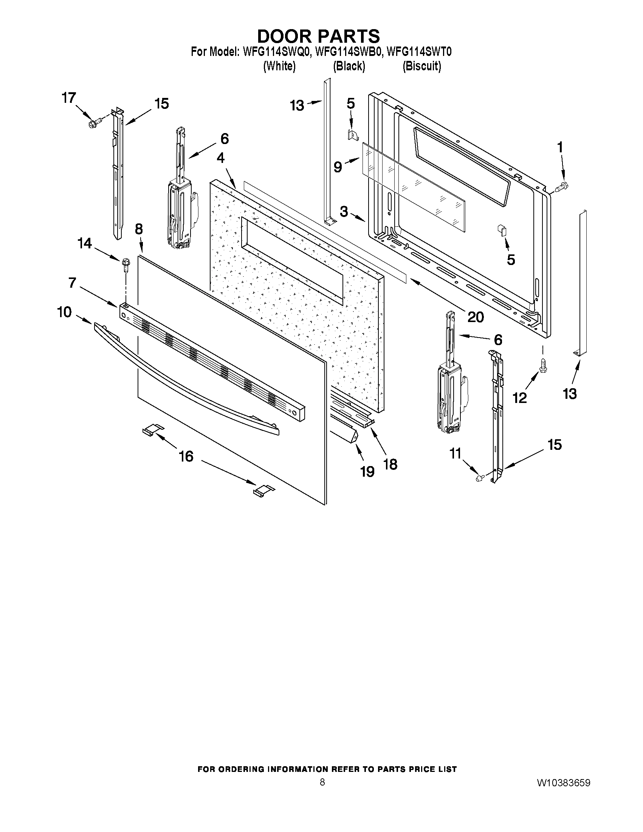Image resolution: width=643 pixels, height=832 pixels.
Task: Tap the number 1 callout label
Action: (560, 147)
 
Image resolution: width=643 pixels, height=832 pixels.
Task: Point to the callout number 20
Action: (476, 317)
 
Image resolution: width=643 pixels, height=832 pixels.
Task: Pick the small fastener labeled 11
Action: (480, 478)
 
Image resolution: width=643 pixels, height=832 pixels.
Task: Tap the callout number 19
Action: (367, 472)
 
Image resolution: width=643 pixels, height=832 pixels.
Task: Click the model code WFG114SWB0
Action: (348, 51)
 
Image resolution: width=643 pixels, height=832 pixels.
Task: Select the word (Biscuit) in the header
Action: (422, 66)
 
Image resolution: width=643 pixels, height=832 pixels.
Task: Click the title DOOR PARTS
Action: (318, 36)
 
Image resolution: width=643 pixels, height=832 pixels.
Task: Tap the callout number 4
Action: (220, 158)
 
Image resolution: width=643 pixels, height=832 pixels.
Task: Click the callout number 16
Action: (186, 456)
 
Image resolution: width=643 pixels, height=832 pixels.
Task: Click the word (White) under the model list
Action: (280, 66)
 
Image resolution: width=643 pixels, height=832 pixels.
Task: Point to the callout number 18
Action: (390, 464)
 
